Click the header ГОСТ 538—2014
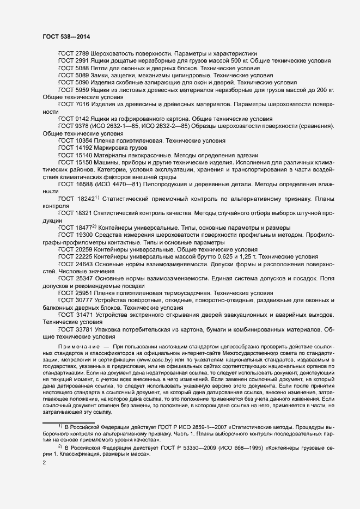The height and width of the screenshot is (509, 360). [66, 36]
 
